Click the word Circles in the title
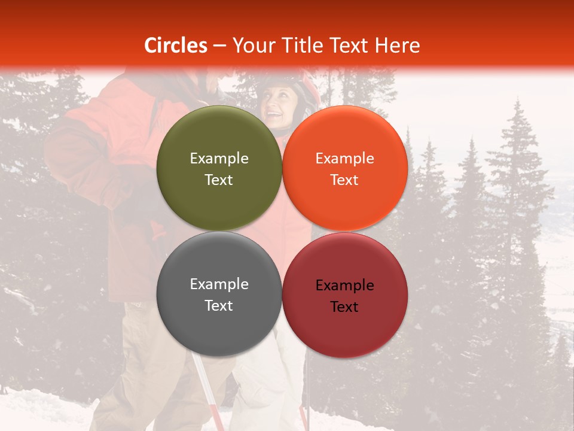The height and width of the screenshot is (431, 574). click(175, 45)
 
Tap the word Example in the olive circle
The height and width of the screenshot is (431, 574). click(219, 159)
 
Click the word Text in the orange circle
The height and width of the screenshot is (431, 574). click(345, 180)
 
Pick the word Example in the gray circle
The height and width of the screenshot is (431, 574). click(219, 284)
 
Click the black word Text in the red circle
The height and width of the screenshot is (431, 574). click(344, 307)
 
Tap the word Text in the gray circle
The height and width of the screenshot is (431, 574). click(219, 306)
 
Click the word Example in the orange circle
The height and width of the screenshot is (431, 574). click(345, 159)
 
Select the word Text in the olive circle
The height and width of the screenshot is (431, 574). click(219, 180)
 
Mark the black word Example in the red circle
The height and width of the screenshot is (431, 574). click(345, 286)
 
